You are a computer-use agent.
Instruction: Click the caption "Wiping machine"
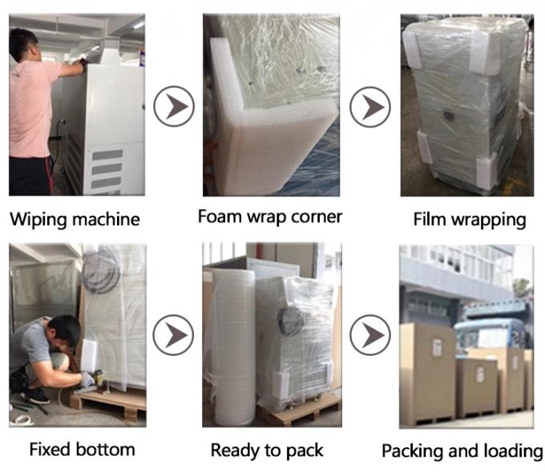click(x=75, y=219)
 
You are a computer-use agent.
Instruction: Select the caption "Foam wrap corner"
click(x=270, y=216)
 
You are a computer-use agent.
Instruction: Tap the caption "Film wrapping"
click(x=469, y=219)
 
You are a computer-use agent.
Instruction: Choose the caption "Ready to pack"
click(x=267, y=450)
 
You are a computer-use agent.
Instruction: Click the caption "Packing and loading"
click(x=462, y=450)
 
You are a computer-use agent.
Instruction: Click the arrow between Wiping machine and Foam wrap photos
click(x=173, y=107)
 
